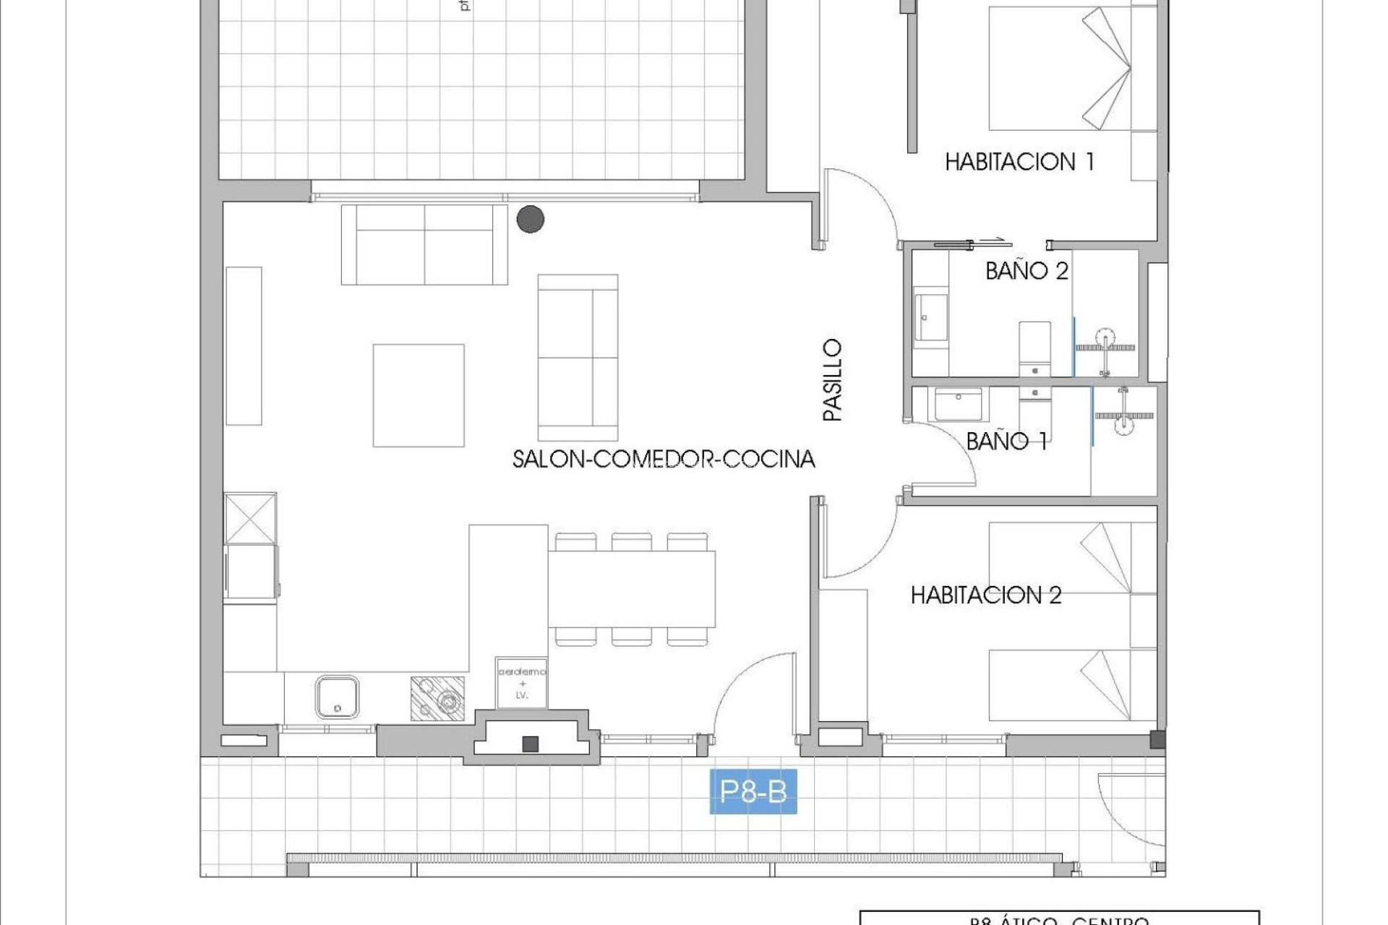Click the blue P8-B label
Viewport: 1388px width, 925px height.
tap(753, 793)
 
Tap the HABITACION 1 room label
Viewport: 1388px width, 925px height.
tap(1019, 161)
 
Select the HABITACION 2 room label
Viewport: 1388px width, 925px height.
tap(985, 595)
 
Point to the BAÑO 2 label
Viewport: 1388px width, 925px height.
tap(1027, 271)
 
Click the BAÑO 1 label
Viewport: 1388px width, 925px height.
tap(1006, 441)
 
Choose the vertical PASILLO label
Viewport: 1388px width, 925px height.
tap(833, 380)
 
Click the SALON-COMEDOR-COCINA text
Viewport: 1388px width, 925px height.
tap(663, 459)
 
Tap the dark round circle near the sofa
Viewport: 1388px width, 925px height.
tap(531, 219)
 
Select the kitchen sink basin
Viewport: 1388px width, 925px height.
tap(337, 697)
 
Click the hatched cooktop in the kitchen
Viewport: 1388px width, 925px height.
tap(437, 698)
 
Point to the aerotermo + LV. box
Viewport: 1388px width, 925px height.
tap(521, 683)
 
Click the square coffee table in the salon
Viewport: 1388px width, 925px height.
tap(419, 395)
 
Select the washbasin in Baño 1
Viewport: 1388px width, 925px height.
tap(958, 404)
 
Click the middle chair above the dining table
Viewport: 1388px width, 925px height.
tap(631, 541)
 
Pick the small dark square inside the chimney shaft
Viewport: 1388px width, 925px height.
tap(531, 744)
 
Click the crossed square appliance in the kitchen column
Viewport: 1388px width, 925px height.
tap(250, 518)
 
